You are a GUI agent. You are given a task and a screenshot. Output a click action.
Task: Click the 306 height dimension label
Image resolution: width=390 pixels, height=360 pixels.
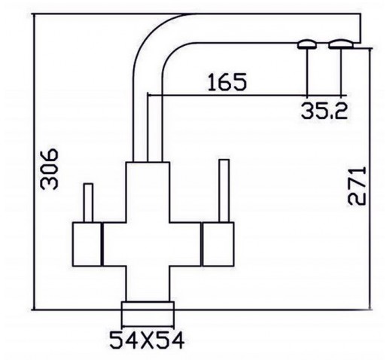click(50, 169)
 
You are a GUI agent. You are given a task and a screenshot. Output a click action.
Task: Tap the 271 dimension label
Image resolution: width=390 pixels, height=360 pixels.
click(357, 185)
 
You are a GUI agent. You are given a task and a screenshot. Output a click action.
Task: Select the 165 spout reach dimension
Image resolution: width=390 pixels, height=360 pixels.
click(227, 82)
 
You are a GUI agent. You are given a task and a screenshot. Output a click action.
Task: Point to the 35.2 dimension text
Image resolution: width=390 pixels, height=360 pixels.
click(324, 111)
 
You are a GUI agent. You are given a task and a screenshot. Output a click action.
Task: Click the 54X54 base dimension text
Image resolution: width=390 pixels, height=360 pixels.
click(147, 340)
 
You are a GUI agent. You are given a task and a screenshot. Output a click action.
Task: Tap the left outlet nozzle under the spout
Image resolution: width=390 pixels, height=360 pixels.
click(306, 44)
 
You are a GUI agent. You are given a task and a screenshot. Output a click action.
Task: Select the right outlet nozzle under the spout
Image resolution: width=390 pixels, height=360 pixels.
click(341, 44)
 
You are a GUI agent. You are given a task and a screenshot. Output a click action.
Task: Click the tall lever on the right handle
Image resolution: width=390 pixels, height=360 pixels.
click(224, 191)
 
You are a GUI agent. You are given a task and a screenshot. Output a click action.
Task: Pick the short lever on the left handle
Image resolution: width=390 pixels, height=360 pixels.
click(88, 203)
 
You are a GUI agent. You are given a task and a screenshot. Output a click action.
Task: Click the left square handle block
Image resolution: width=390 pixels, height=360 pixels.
click(87, 244)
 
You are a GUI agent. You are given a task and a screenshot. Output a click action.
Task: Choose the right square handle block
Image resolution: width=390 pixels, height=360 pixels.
click(218, 244)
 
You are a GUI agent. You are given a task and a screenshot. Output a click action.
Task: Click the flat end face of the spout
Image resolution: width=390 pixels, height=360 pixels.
click(361, 29)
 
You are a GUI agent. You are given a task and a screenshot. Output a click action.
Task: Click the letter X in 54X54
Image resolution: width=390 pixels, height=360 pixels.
click(147, 340)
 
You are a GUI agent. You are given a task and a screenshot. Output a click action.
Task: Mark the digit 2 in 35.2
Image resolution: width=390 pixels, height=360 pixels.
click(341, 111)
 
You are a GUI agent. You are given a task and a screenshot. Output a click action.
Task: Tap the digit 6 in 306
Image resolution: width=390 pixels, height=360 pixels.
click(50, 155)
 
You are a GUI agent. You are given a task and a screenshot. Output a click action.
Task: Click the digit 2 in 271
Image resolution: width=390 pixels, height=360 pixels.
click(357, 199)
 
